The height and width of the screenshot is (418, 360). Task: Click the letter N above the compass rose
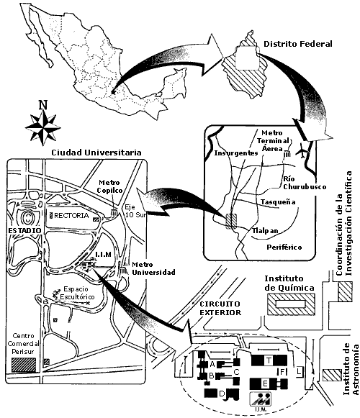coord(43,105)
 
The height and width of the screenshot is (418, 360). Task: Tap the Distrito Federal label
coord(298,44)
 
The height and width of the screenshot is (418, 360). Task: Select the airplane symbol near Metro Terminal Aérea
coord(302,151)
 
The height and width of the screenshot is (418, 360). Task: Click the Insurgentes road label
coord(236,153)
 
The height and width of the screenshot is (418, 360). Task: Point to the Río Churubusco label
coord(305,183)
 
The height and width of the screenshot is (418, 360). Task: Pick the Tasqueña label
coord(278,201)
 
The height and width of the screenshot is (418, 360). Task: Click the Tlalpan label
coord(265,231)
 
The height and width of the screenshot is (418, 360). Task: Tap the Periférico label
coord(284,247)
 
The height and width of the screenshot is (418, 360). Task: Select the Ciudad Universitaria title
coord(96,153)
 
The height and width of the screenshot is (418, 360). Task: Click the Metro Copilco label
coord(109,186)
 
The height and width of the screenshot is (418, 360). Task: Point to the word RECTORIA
coord(71,215)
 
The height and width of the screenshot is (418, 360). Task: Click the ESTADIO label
coord(24,230)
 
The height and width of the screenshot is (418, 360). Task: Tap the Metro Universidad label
coord(153,268)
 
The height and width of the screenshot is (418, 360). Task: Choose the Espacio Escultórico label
coord(77,293)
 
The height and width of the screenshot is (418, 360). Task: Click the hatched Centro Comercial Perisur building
coord(24,365)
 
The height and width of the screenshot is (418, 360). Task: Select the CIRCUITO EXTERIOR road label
coord(220,308)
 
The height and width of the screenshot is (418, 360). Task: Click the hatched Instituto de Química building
coord(291,304)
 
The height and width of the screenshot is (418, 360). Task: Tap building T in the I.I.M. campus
coord(269,360)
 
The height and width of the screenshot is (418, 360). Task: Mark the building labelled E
coord(265,383)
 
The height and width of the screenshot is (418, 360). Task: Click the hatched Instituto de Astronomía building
coord(332,375)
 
